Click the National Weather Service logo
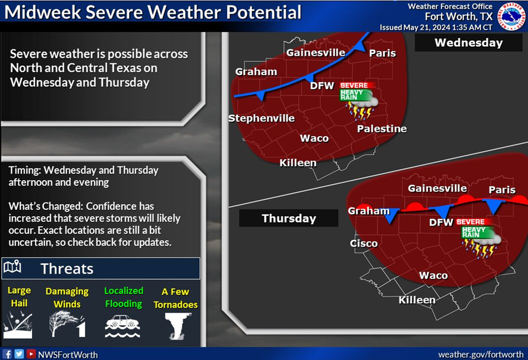pyautogui.click(x=512, y=16)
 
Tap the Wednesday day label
pyautogui.click(x=468, y=43)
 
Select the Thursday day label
pyautogui.click(x=289, y=218)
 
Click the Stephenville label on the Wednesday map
pyautogui.click(x=261, y=118)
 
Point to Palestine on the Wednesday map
pyautogui.click(x=382, y=129)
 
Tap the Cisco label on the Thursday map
pyautogui.click(x=364, y=243)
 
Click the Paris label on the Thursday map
pyautogui.click(x=502, y=189)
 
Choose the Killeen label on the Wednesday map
pyautogui.click(x=298, y=163)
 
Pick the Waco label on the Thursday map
pyautogui.click(x=433, y=275)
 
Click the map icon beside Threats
pyautogui.click(x=13, y=268)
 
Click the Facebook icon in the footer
pyautogui.click(x=8, y=354)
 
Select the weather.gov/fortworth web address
pyautogui.click(x=480, y=354)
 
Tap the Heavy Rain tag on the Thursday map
pyautogui.click(x=473, y=232)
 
